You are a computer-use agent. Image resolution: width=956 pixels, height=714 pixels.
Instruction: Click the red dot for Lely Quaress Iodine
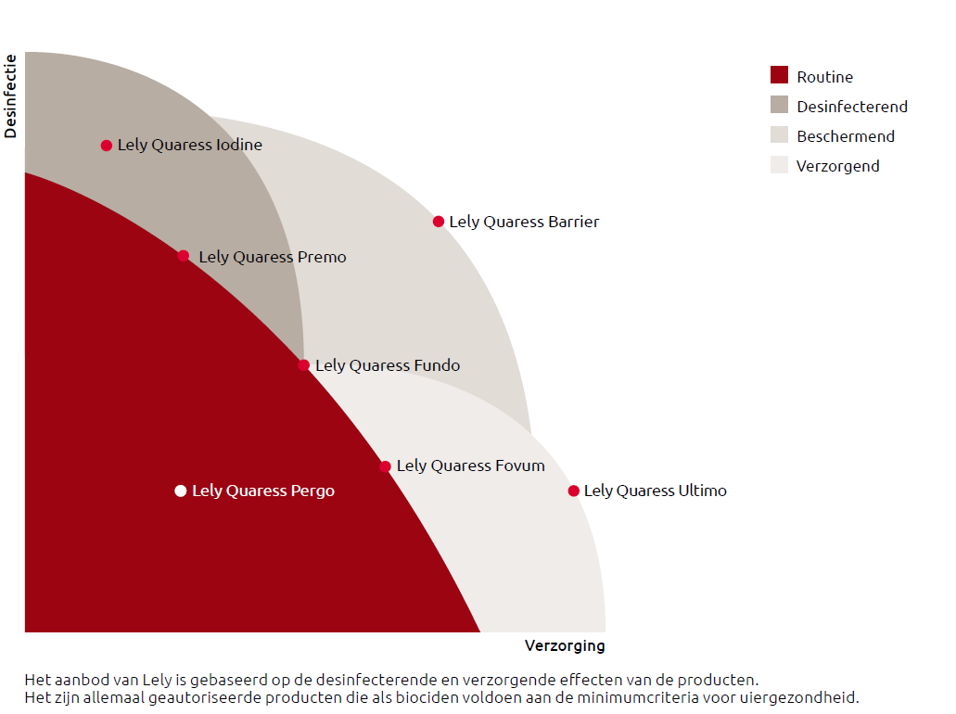click(107, 146)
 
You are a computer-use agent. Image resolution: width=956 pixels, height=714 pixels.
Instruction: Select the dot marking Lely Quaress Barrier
click(439, 222)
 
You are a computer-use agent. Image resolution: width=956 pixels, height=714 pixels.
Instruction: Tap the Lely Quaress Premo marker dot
click(184, 256)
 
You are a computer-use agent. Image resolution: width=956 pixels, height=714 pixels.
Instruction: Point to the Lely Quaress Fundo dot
click(304, 365)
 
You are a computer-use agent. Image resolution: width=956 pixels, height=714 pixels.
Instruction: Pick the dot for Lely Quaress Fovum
click(385, 466)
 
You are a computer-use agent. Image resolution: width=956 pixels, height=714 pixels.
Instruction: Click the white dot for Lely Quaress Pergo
click(181, 491)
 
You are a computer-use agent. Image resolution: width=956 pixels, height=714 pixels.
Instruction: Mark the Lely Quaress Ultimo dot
click(574, 491)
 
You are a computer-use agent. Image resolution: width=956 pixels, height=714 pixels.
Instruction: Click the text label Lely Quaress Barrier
click(524, 222)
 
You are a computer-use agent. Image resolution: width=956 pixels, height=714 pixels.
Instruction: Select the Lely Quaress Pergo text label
click(263, 491)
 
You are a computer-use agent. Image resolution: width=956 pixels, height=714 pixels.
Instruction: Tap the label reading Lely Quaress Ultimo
click(655, 491)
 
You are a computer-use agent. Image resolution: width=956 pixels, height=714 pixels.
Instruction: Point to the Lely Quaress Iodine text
click(189, 145)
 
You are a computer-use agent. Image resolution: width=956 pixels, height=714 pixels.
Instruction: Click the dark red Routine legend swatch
click(779, 75)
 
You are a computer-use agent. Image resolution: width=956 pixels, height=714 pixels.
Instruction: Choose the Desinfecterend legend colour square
click(779, 105)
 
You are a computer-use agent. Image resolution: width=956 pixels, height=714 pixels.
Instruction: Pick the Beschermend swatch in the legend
click(779, 134)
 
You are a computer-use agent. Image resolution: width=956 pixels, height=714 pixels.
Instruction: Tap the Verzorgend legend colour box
click(779, 165)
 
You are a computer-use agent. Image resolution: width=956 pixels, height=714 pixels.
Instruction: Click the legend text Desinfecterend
click(851, 107)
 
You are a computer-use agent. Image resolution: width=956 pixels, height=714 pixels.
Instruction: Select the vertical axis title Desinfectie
click(11, 96)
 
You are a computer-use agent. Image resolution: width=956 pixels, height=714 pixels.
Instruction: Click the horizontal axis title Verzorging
click(564, 645)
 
